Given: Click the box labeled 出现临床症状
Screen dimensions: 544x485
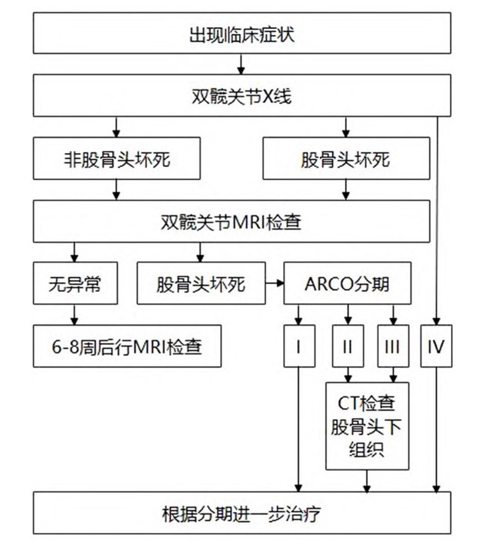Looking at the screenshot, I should (x=242, y=34).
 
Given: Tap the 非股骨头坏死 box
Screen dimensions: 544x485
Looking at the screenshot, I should (x=117, y=160).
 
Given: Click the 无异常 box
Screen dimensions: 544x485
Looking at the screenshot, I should (x=75, y=283).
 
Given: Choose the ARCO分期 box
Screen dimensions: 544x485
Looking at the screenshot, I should (x=347, y=283).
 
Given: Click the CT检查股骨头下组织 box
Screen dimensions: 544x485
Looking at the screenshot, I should (x=367, y=426).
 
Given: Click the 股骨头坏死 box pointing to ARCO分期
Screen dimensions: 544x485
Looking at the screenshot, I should (x=201, y=283).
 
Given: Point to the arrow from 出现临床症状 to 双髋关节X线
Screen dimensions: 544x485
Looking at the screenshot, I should (x=242, y=64).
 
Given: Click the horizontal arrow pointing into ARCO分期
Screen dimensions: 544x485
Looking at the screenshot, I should (x=275, y=283).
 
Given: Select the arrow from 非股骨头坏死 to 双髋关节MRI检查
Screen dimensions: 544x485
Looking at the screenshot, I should (x=117, y=191).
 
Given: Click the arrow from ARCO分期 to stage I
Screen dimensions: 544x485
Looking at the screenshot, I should (x=299, y=314).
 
